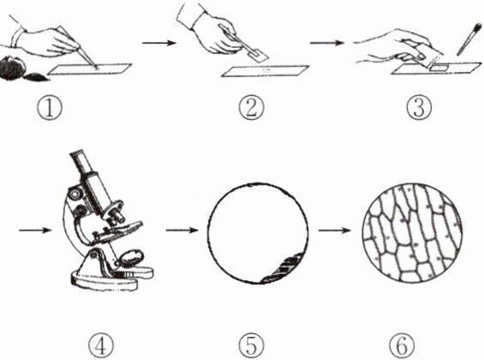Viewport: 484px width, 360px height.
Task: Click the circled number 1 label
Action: tap(50, 108)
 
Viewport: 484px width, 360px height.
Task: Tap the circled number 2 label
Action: tap(252, 107)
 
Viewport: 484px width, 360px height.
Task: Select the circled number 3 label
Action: tap(419, 107)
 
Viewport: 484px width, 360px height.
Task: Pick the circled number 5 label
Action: tap(252, 346)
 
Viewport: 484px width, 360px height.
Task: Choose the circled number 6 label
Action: tap(402, 346)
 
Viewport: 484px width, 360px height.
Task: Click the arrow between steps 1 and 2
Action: tap(158, 43)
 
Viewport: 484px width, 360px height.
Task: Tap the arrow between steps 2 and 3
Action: tap(326, 43)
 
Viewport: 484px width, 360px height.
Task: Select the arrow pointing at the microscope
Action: tap(35, 230)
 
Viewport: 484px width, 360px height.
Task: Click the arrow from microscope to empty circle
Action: tap(182, 230)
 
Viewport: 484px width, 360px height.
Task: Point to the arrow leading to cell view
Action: tap(335, 230)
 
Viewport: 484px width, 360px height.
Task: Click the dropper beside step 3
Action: tap(469, 39)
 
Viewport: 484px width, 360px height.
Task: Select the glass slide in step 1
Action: tap(90, 69)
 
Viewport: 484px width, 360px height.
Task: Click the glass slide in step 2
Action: tap(265, 70)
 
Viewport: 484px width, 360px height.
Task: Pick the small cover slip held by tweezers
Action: tap(259, 55)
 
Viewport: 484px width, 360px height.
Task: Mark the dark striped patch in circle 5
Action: tap(284, 267)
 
